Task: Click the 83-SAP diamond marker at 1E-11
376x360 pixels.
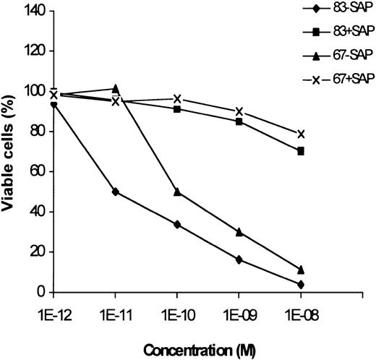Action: click(115, 192)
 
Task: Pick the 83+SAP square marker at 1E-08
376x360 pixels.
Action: click(301, 151)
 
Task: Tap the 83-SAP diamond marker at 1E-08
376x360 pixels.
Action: click(301, 284)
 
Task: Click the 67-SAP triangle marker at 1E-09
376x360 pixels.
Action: click(239, 232)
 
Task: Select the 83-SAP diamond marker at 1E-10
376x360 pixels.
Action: click(177, 224)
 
